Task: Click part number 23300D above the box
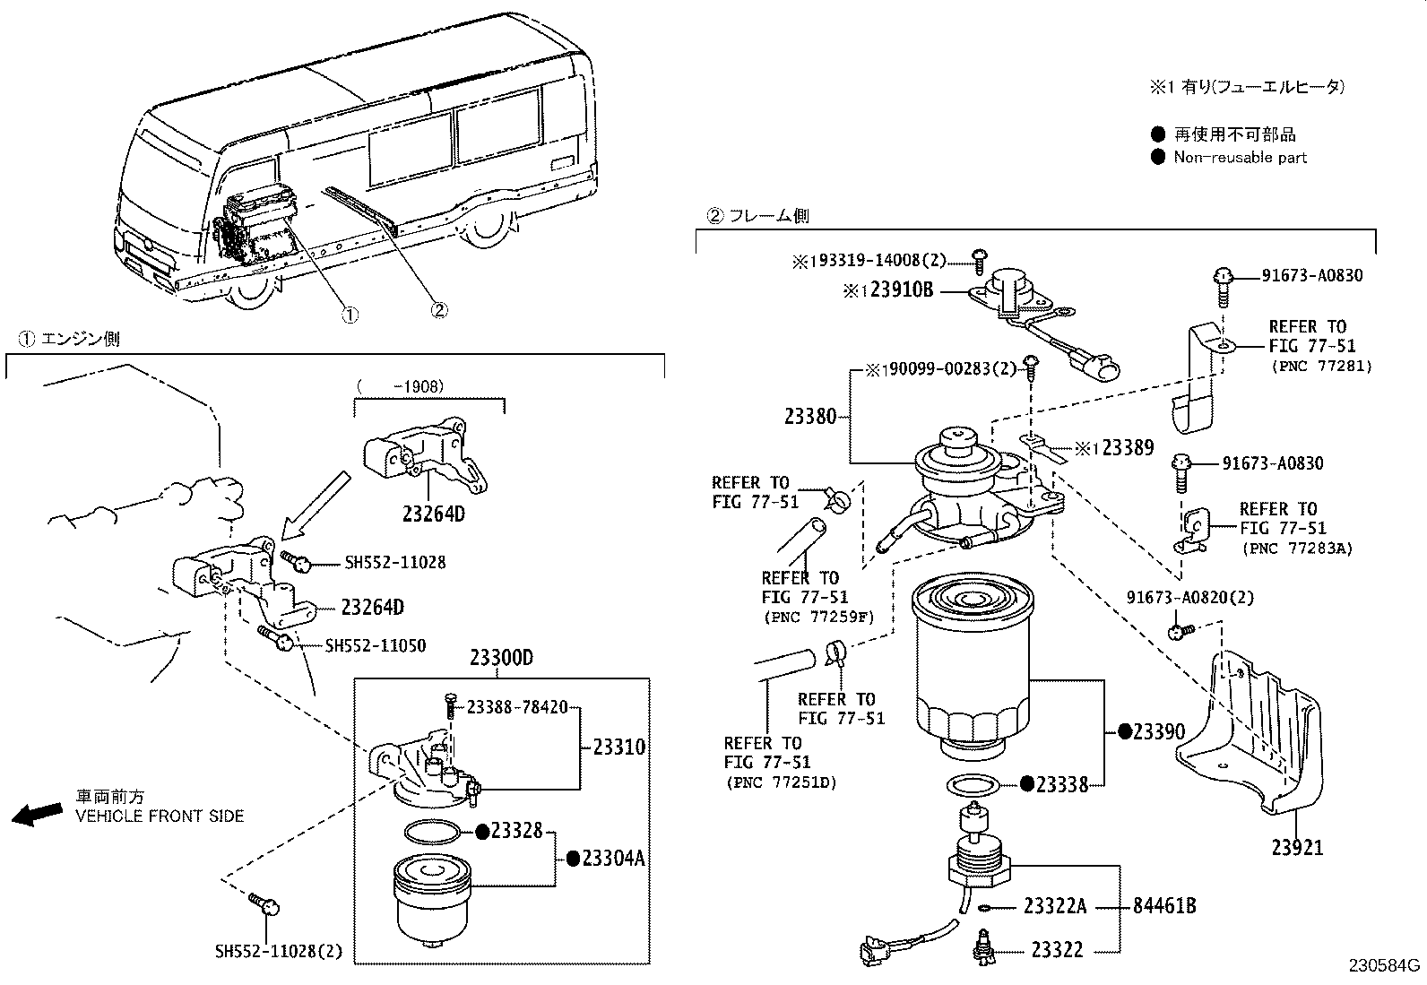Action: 501,659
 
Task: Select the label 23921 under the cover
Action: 1297,847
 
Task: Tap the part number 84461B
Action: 1164,906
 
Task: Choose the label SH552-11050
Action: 376,645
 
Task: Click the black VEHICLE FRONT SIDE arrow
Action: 36,814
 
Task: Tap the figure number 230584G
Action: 1386,965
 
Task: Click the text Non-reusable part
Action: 1240,158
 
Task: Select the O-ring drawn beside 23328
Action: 434,833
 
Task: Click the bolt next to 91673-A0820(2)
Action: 1180,633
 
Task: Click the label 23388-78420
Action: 516,707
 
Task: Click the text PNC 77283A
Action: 1297,548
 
